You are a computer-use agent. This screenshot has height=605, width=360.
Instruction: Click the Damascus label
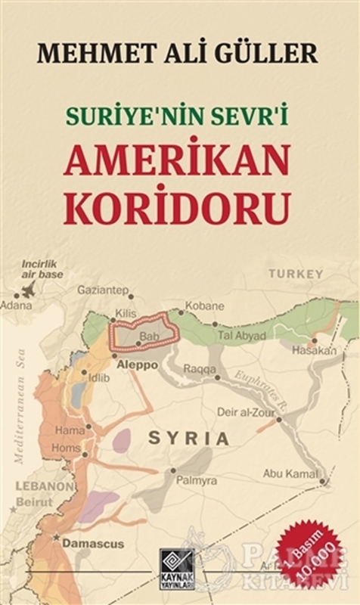(x=92, y=543)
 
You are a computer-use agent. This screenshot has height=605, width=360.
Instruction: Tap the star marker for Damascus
(x=57, y=537)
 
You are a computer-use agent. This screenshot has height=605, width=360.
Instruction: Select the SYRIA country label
(x=188, y=437)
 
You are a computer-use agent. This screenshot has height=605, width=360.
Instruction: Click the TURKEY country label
(x=299, y=273)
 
